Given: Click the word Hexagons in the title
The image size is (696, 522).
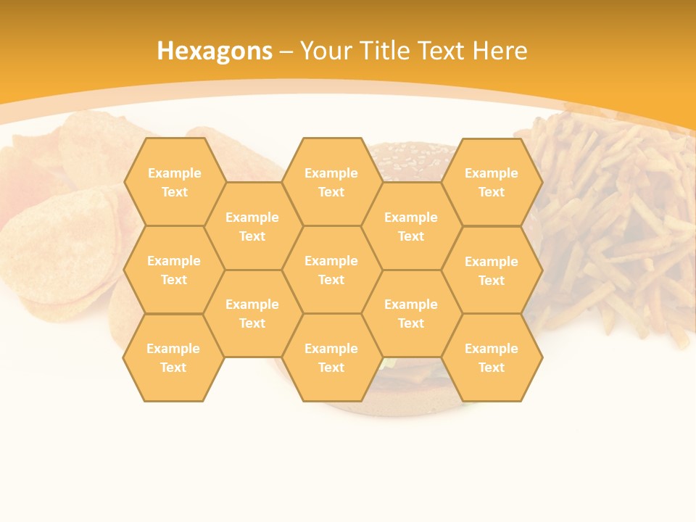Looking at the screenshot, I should tap(215, 51).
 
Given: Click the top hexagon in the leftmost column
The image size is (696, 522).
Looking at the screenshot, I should tap(174, 182).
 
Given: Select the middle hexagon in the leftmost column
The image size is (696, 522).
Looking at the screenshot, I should tap(174, 270).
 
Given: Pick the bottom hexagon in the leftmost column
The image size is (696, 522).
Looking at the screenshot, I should tap(173, 357).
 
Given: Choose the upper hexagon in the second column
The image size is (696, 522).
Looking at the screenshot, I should tap(252, 226).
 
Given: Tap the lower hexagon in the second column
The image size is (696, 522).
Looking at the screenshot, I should tap(252, 313).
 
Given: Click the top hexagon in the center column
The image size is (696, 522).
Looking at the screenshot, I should tap(331, 182).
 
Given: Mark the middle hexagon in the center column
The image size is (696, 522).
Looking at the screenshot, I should tap(331, 270).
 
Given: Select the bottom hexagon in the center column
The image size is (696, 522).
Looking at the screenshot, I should tap(331, 357).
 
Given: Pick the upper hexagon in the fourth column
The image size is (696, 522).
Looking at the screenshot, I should tap(411, 226).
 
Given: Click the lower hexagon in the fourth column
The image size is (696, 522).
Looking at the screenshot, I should tap(411, 313).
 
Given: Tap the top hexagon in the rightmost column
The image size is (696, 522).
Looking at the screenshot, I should tap(492, 182).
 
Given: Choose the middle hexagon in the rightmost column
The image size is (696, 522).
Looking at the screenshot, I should tap(492, 270).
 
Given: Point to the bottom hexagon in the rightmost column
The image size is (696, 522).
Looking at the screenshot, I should tap(492, 357).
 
